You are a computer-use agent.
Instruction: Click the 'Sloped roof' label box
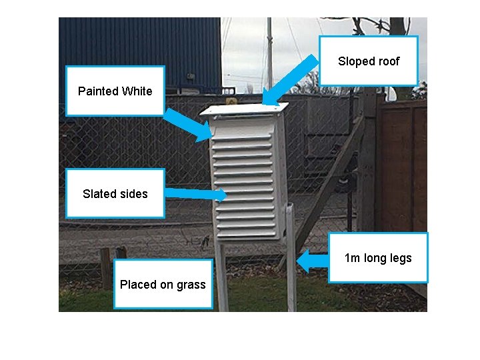click(x=369, y=61)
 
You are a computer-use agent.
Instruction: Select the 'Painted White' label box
click(x=115, y=91)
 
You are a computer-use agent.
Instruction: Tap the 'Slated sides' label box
click(x=115, y=194)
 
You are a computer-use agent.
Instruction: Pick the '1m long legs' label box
click(x=378, y=257)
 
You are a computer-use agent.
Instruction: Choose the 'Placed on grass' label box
click(x=163, y=285)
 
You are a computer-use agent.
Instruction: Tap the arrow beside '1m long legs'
click(x=312, y=259)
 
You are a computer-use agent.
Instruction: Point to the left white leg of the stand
click(x=221, y=273)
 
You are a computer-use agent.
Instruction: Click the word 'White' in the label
click(x=137, y=91)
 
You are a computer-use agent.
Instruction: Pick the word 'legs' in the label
click(x=401, y=258)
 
